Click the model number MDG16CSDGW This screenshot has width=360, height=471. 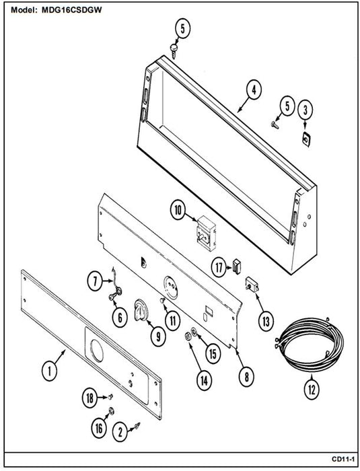click(71, 10)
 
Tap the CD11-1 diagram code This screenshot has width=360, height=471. click(343, 459)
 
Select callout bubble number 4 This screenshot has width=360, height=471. click(254, 89)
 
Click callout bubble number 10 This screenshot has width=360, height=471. click(178, 211)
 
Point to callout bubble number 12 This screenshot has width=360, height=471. click(312, 390)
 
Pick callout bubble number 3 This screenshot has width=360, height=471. click(305, 110)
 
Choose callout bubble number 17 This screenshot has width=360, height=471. click(219, 267)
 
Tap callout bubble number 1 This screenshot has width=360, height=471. click(49, 372)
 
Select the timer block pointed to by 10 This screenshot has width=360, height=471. click(207, 233)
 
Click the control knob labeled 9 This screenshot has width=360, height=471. click(141, 310)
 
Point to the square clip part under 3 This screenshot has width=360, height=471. click(306, 139)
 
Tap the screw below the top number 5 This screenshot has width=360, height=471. click(174, 51)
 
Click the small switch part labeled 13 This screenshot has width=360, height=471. click(252, 285)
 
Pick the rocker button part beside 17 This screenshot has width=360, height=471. click(237, 266)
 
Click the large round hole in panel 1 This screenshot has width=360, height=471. click(97, 351)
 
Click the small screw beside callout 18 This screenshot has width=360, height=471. click(111, 397)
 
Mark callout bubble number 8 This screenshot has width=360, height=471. click(246, 377)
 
